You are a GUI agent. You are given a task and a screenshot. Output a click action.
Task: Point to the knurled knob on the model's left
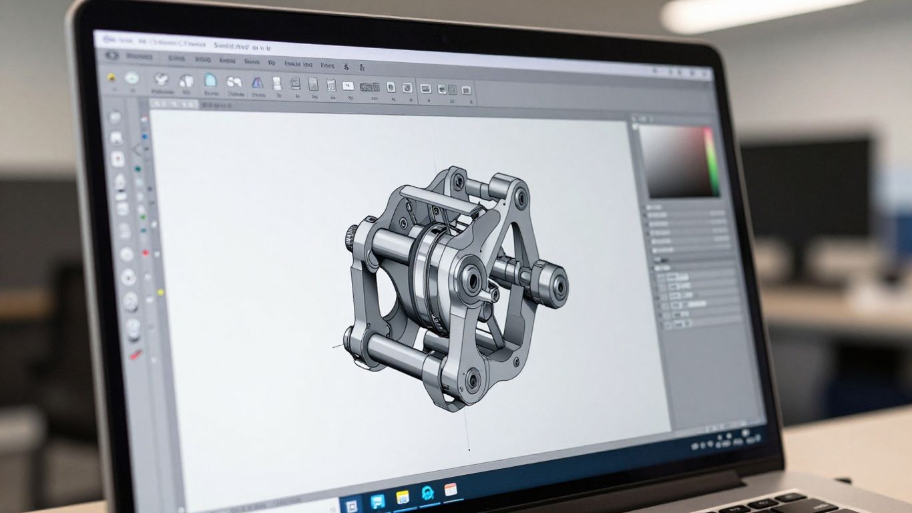tap(351, 235)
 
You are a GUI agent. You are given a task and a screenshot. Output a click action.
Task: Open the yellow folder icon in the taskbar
tap(403, 497)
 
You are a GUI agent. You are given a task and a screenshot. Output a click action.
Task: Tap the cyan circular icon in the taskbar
tap(427, 494)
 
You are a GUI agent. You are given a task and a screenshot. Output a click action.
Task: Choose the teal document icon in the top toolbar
tap(210, 80)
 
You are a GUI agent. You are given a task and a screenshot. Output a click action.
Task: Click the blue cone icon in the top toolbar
tap(257, 83)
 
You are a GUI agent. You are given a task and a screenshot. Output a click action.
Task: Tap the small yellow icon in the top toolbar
tap(111, 77)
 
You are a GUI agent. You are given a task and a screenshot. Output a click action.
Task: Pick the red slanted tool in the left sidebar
tap(136, 355)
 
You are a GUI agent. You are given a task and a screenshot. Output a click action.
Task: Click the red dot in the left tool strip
tap(146, 252)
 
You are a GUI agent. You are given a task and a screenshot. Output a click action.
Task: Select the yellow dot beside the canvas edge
tap(160, 292)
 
